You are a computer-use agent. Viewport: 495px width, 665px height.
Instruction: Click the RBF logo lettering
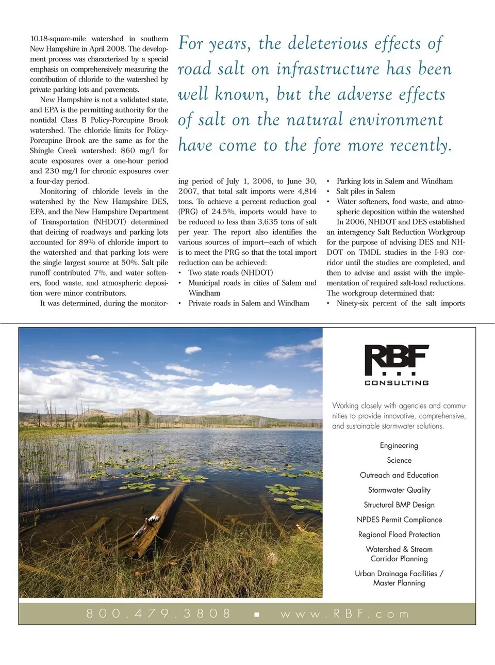click(396, 359)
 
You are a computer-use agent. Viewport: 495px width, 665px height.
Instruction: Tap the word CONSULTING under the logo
click(397, 383)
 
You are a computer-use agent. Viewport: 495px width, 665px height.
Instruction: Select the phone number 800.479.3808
click(159, 613)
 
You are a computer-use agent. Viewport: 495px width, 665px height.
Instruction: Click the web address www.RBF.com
click(345, 614)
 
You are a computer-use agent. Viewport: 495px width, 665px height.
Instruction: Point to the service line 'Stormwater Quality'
click(399, 490)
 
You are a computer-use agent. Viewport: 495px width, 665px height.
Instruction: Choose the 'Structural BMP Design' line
click(399, 505)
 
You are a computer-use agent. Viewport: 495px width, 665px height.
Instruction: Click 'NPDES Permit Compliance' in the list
click(399, 520)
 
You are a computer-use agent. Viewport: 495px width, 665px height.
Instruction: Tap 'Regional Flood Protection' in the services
click(399, 535)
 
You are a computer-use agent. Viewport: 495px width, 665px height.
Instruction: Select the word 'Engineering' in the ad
click(399, 446)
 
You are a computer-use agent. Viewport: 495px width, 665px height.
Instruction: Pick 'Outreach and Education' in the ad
click(399, 475)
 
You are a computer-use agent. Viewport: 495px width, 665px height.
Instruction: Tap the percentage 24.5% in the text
click(223, 212)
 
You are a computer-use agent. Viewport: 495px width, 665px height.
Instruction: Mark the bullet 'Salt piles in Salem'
click(366, 191)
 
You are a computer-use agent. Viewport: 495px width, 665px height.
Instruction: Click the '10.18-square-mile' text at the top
click(58, 39)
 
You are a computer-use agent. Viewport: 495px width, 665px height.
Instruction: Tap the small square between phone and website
click(257, 614)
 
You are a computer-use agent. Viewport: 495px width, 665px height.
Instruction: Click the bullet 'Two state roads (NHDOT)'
click(230, 272)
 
